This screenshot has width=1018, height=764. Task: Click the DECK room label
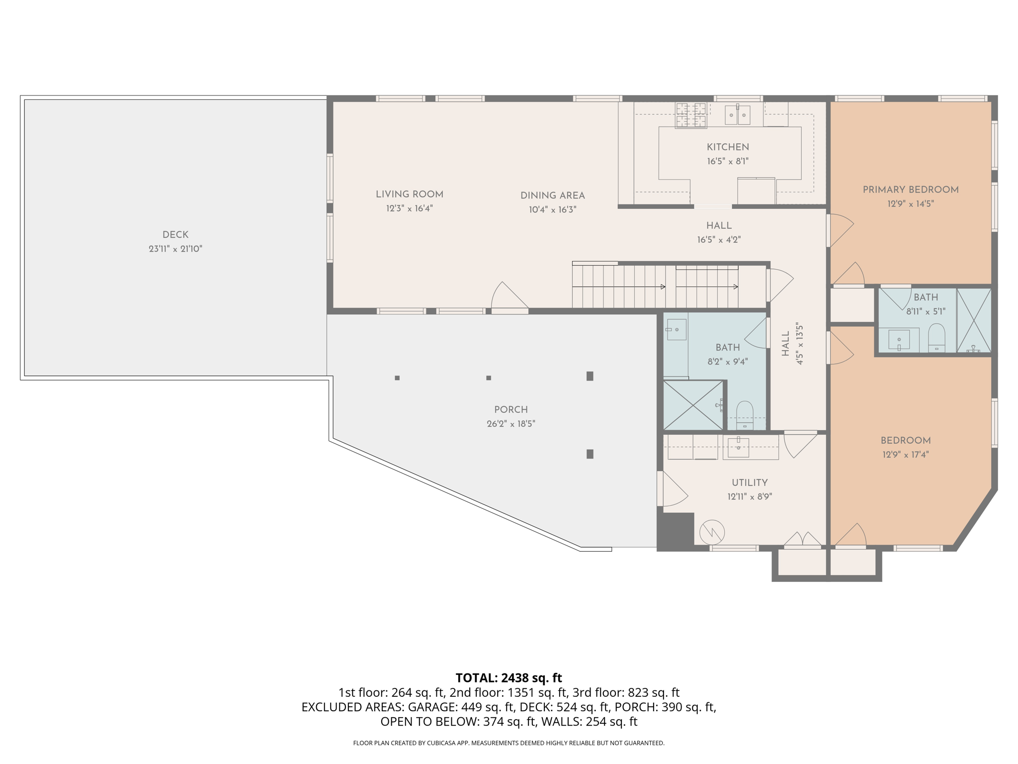coord(175,235)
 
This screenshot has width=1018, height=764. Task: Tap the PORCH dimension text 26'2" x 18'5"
coord(510,424)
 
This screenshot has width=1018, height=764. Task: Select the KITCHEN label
coord(728,147)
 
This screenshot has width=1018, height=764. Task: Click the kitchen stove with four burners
coord(690,115)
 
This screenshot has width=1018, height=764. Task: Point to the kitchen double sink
coord(737,115)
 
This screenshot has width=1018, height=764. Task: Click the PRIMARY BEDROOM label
coord(910,190)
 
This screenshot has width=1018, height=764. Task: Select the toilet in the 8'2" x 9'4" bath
coord(745,415)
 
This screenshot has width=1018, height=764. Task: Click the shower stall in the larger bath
coord(693,405)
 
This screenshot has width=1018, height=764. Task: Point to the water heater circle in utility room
coord(712,533)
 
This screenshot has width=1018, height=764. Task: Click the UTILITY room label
coord(749,482)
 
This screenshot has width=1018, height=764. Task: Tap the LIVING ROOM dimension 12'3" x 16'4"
coord(409,208)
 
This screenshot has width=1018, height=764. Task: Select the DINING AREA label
coord(552,195)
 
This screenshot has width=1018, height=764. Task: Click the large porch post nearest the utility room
coord(590,454)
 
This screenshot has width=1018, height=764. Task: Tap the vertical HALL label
coord(785,344)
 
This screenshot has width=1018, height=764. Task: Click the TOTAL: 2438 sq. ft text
coord(509,678)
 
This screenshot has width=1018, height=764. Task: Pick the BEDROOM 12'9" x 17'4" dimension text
coord(905,455)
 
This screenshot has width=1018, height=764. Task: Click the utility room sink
coord(738,447)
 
